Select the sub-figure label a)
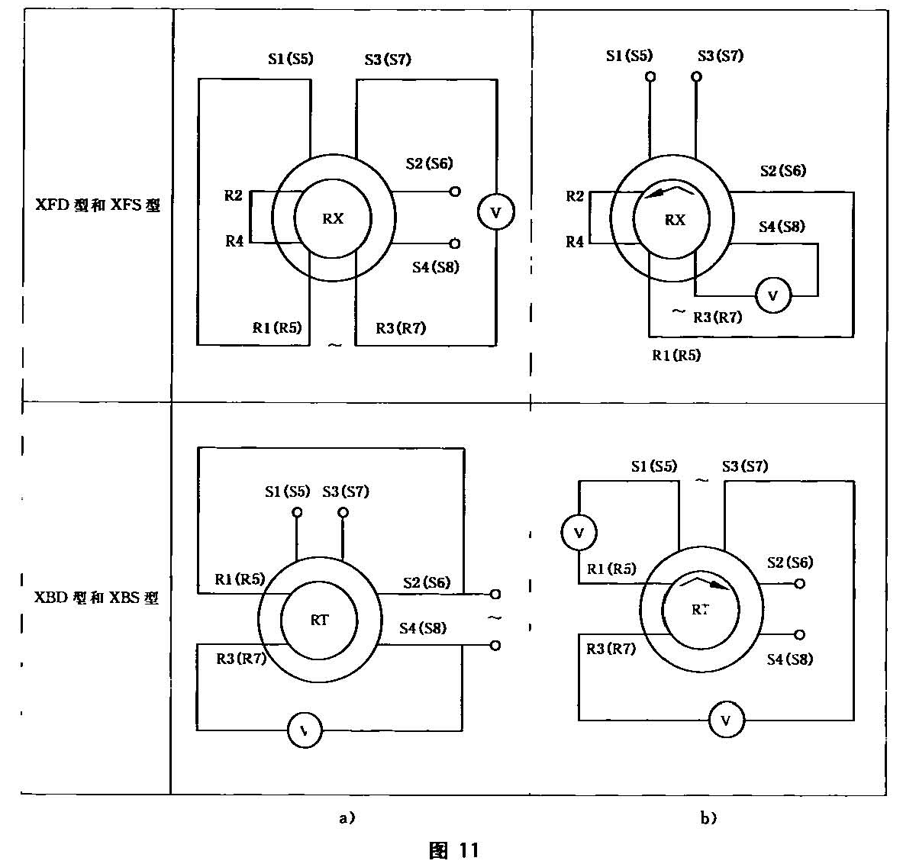point(347,818)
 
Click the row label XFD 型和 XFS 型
point(98,206)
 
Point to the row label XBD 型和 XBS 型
point(97,597)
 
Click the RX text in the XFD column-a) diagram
point(334,218)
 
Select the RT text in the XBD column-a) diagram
point(319,620)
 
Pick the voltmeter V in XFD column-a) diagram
point(495,213)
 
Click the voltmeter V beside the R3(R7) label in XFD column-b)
point(772,295)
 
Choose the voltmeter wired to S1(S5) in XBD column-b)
point(579,533)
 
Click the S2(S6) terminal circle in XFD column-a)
point(455,192)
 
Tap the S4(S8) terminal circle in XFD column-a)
point(455,243)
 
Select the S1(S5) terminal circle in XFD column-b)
point(650,77)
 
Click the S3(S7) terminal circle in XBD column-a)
point(343,512)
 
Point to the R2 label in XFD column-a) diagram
point(234,196)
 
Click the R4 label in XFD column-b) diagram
point(575,242)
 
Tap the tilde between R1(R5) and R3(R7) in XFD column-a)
point(334,345)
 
